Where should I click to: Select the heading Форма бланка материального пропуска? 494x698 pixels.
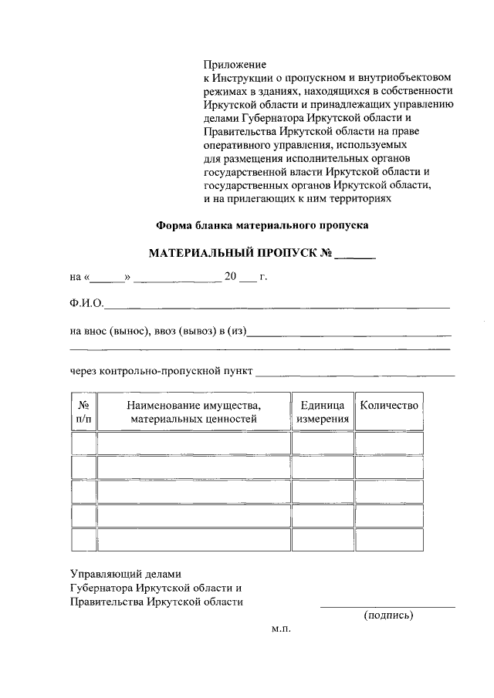coord(263,226)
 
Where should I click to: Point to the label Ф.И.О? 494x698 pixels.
coord(86,302)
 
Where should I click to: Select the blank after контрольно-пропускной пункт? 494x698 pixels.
coord(355,374)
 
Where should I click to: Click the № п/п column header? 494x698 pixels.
coord(84,412)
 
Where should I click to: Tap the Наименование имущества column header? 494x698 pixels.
coord(194,412)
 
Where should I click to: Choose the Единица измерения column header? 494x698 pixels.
coord(323,412)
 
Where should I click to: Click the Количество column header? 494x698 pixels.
coord(389,406)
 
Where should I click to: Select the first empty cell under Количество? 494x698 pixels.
coord(389,443)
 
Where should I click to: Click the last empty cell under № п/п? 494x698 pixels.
coord(84,540)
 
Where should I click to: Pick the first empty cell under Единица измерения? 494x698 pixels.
coord(323,443)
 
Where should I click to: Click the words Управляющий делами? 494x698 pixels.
coord(124,574)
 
